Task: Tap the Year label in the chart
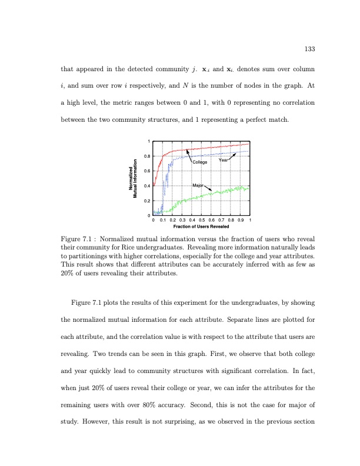224,160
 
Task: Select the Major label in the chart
199,186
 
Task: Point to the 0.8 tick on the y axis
147,156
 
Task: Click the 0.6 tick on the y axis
147,171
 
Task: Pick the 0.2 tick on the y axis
147,201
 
